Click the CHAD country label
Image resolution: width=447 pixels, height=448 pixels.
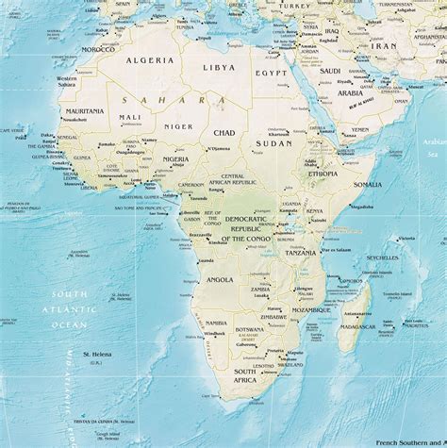click(x=225, y=133)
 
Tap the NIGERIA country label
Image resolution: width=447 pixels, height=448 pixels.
click(x=175, y=159)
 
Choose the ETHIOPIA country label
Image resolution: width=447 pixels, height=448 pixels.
click(x=323, y=174)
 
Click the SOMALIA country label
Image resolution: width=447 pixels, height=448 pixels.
click(x=367, y=185)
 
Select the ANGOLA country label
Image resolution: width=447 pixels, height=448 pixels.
click(x=219, y=280)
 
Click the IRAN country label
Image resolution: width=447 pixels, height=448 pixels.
click(x=386, y=44)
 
